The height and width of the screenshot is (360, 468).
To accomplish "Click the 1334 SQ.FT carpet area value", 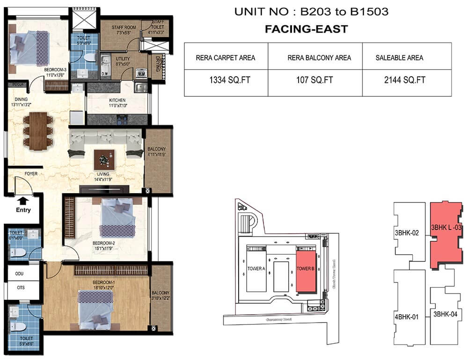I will (226, 80).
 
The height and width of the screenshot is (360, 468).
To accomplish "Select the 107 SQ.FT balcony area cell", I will (315, 80).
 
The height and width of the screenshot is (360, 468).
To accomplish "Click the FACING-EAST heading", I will (306, 29).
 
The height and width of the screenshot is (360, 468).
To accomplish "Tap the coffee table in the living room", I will (104, 159).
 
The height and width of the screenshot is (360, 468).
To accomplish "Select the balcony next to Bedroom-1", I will (161, 297).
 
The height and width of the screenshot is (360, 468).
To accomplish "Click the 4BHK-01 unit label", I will (407, 317).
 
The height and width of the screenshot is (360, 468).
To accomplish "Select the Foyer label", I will (31, 174).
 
